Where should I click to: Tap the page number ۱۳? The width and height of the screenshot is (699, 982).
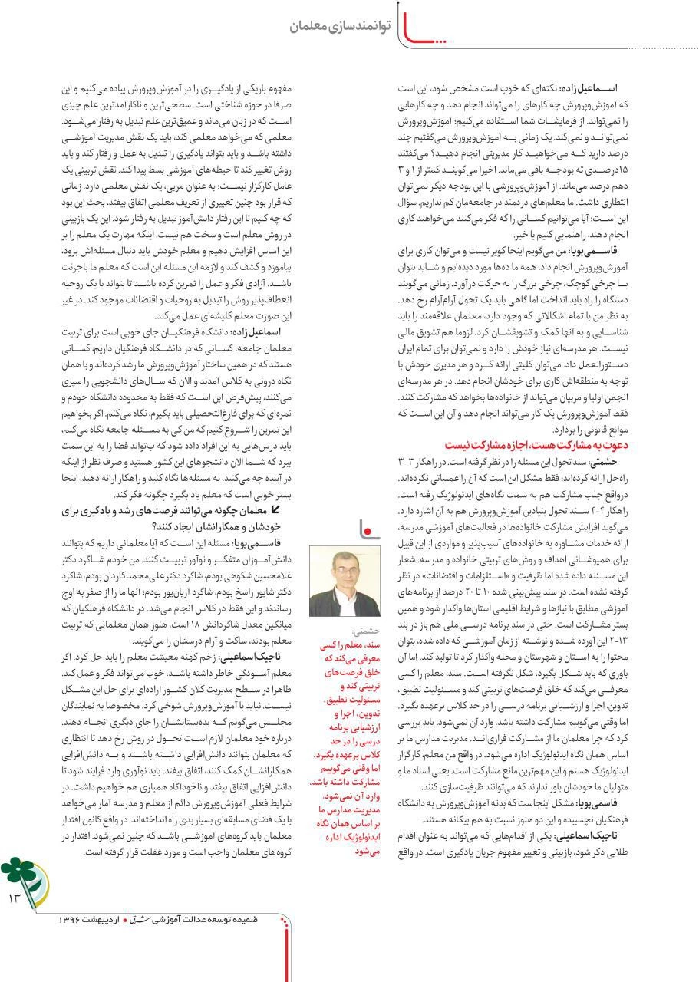[15, 896]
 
